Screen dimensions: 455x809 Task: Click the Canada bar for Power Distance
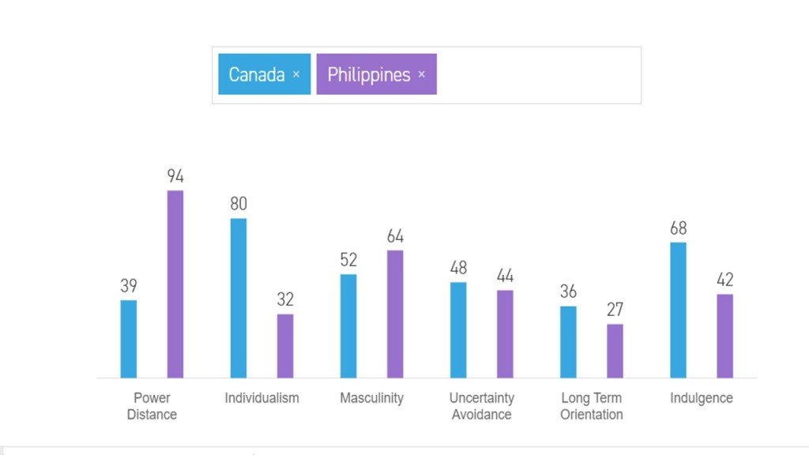click(129, 339)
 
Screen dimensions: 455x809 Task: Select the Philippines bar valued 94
click(175, 284)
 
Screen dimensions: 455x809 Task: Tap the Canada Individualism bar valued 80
click(239, 298)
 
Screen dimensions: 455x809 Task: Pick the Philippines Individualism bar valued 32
click(285, 346)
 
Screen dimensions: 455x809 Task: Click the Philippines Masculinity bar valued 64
click(395, 314)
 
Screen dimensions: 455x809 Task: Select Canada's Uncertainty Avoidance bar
click(458, 329)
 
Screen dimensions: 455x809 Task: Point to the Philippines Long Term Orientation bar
click(615, 351)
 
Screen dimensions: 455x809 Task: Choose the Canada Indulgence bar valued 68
click(678, 310)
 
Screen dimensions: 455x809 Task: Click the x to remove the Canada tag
click(296, 74)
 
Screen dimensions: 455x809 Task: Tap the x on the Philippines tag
click(422, 74)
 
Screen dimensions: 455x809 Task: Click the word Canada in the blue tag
click(256, 74)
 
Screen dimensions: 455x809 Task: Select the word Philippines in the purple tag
click(369, 74)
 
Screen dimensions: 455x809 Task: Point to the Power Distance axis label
click(152, 406)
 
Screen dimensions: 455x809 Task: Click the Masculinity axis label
click(371, 398)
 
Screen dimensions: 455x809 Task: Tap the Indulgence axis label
click(702, 398)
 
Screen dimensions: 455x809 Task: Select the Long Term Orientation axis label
click(592, 406)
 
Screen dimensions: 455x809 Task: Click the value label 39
click(129, 286)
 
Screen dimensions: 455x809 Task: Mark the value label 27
click(615, 310)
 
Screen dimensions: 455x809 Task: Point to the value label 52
click(348, 260)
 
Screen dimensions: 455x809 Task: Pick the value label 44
click(505, 276)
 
